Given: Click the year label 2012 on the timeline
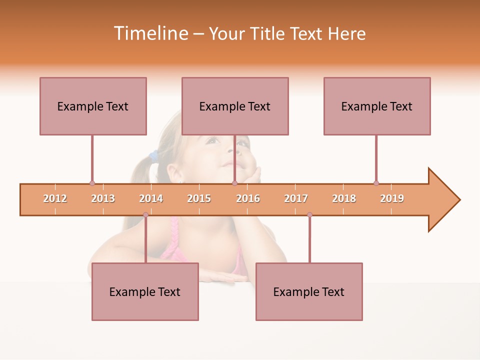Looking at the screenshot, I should tap(55, 198).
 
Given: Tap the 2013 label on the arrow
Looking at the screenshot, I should tap(103, 198).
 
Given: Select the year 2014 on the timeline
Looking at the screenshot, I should tap(151, 198).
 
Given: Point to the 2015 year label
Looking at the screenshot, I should tap(199, 198).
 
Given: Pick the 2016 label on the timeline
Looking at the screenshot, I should tap(248, 198).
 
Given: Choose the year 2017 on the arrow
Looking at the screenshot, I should tap(296, 198).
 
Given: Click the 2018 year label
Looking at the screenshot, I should tap(344, 198).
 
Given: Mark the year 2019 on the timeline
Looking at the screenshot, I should tap(392, 198).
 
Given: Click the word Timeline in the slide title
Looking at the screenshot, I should tap(149, 33).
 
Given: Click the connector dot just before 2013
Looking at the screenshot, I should tap(92, 183).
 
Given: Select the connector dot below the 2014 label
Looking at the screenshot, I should tap(145, 215).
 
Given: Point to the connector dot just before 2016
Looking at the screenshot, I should tap(234, 183).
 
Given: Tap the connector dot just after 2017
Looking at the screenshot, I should tap(309, 215).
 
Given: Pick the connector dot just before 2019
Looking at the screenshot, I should tap(376, 183).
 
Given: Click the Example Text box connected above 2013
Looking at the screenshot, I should tap(93, 106).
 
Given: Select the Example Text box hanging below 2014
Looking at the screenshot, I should tap(145, 291).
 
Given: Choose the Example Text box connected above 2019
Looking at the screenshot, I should tap(377, 106).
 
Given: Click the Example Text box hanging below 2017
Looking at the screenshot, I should tap(309, 291).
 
